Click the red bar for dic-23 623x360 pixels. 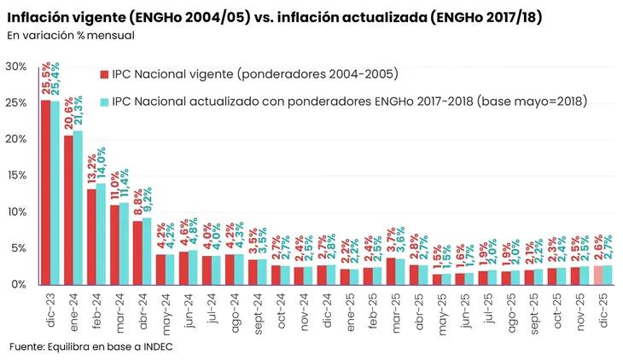pos(45,192)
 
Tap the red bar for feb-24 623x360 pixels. pos(91,236)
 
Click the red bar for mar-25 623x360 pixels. pos(391,270)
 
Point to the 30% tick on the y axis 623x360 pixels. pos(15,67)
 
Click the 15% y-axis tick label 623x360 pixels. pos(15,176)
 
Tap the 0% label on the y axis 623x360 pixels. pos(19,285)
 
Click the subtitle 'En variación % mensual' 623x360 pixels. pos(70,35)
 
